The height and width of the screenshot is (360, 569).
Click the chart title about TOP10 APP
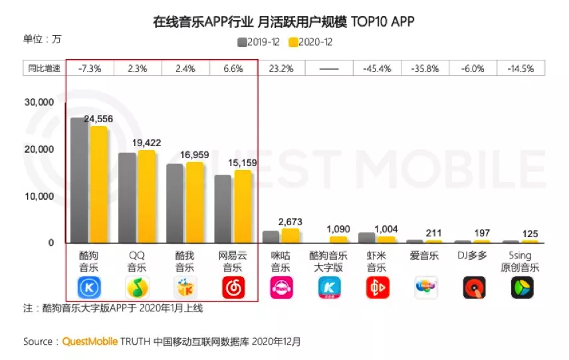(284, 22)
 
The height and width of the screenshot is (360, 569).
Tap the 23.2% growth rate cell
(281, 68)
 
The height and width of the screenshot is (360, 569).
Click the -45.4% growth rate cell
(376, 68)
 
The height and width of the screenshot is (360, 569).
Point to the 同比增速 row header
(44, 68)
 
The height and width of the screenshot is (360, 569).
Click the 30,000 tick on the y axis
(39, 103)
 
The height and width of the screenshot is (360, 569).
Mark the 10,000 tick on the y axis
(39, 197)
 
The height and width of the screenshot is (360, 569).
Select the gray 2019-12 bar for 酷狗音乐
(79, 180)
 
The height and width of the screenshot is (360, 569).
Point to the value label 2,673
(290, 221)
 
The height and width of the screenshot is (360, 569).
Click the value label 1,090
(338, 229)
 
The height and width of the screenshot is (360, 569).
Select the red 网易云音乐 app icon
(233, 288)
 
